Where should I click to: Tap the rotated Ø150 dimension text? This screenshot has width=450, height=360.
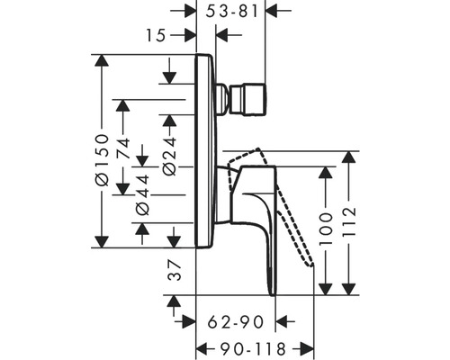pyautogui.click(x=105, y=159)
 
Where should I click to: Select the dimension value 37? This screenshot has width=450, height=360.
pyautogui.click(x=174, y=271)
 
